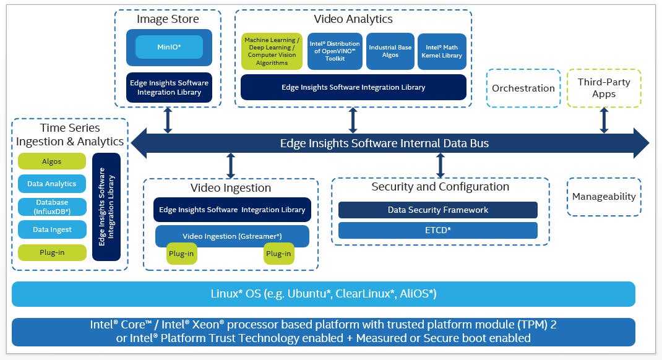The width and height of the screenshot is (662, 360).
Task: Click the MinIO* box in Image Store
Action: [169, 47]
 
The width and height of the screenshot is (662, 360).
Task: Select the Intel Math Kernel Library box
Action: [442, 51]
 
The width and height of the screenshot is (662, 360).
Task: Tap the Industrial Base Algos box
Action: [390, 51]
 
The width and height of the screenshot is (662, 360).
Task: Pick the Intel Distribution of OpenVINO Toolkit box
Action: [335, 51]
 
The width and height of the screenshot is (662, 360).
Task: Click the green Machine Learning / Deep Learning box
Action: [272, 51]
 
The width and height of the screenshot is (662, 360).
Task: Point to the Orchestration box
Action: [523, 88]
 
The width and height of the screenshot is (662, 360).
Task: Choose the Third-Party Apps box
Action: [604, 88]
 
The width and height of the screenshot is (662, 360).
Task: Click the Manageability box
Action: [604, 197]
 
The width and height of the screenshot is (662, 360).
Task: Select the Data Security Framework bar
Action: [438, 210]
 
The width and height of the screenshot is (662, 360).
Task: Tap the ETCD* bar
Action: [438, 231]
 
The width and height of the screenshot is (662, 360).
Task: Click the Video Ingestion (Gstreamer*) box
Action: [232, 236]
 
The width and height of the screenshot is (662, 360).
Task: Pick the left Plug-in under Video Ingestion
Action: [181, 254]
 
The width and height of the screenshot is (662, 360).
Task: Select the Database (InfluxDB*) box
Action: [52, 207]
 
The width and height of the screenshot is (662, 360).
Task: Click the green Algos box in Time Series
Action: [52, 161]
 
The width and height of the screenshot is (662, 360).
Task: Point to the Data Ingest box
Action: [52, 229]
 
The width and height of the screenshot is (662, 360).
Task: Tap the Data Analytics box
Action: [52, 184]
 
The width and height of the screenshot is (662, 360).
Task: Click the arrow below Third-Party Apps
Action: [604, 120]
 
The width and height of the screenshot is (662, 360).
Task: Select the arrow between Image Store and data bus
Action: [168, 120]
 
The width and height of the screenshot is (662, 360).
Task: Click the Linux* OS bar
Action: [324, 294]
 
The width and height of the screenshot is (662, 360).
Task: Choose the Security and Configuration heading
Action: [441, 187]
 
